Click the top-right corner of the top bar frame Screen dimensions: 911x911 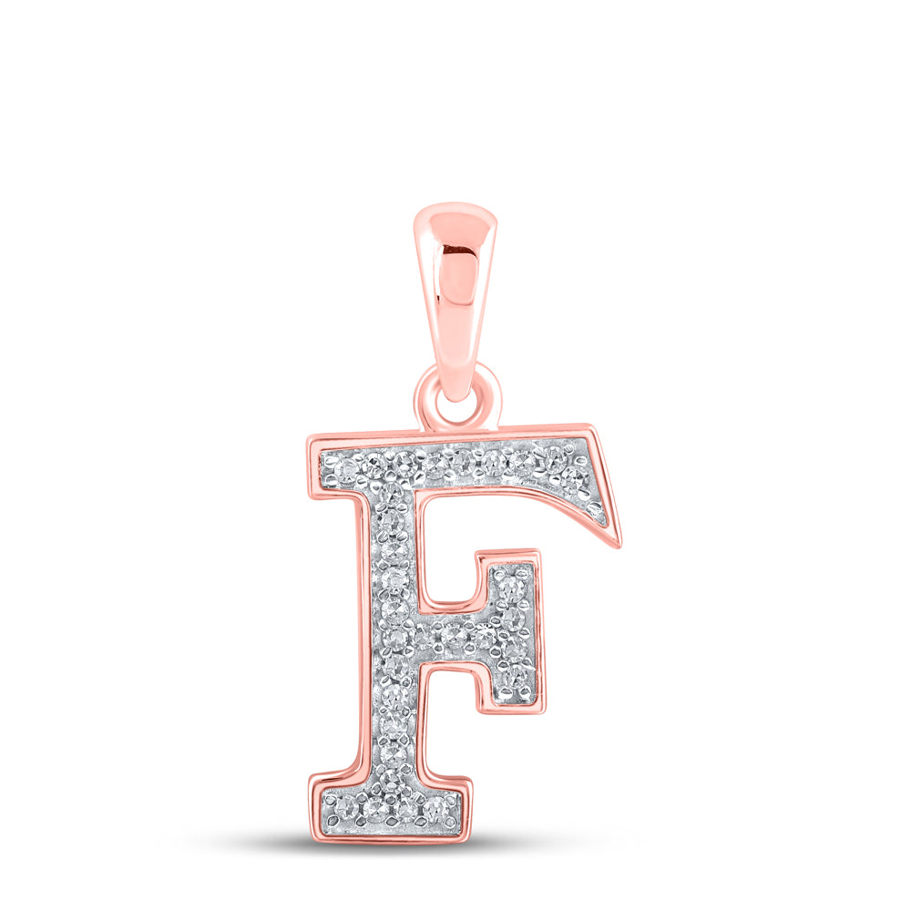click(593, 427)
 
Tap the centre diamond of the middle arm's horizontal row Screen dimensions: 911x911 click(455, 635)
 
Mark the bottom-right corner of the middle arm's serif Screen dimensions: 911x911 click(544, 711)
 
